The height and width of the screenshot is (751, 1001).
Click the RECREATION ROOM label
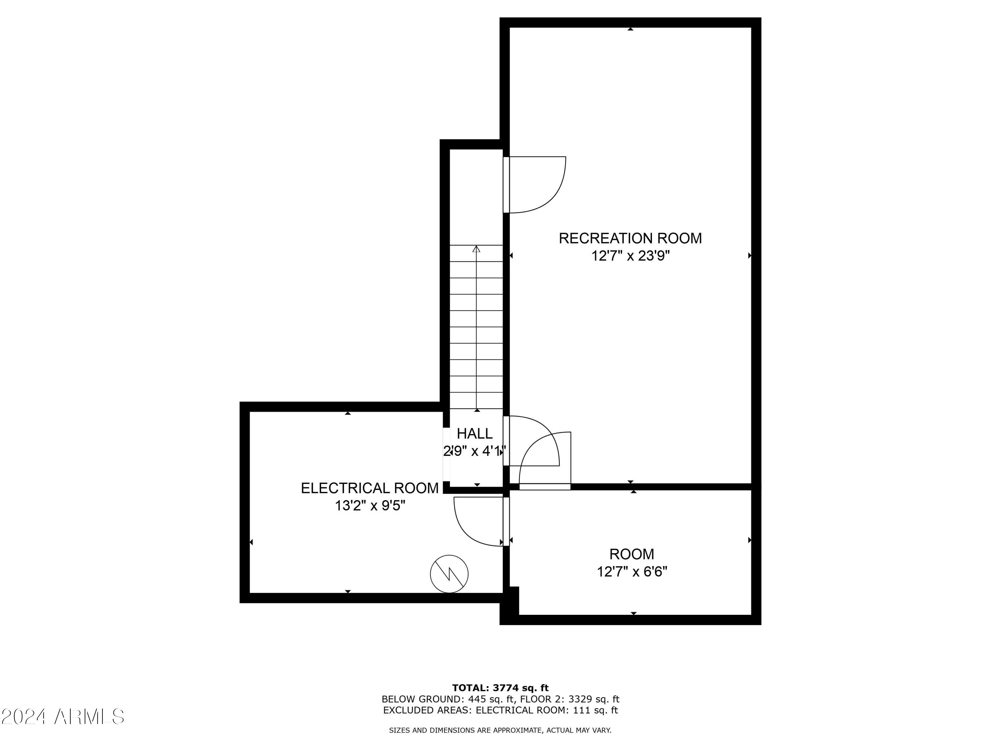[x=630, y=238]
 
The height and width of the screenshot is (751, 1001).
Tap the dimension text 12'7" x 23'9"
[x=630, y=256]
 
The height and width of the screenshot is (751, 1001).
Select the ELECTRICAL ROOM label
[x=370, y=488]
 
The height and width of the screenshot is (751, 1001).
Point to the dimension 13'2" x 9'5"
[x=370, y=506]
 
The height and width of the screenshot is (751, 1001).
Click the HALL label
[x=474, y=434]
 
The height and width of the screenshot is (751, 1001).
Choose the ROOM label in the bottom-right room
[x=631, y=554]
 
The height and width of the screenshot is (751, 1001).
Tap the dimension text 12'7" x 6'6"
[x=632, y=572]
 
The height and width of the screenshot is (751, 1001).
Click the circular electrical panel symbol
[x=449, y=574]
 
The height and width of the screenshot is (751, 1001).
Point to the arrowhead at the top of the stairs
[x=476, y=249]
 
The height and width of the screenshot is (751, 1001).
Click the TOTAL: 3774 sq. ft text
[x=500, y=688]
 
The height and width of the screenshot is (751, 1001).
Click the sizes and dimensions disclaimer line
[x=500, y=730]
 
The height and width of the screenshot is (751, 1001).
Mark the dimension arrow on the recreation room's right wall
[x=749, y=256]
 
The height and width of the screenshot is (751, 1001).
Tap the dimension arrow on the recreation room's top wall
[x=630, y=29]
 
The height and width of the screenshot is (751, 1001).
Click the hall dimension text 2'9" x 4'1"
[x=474, y=451]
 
